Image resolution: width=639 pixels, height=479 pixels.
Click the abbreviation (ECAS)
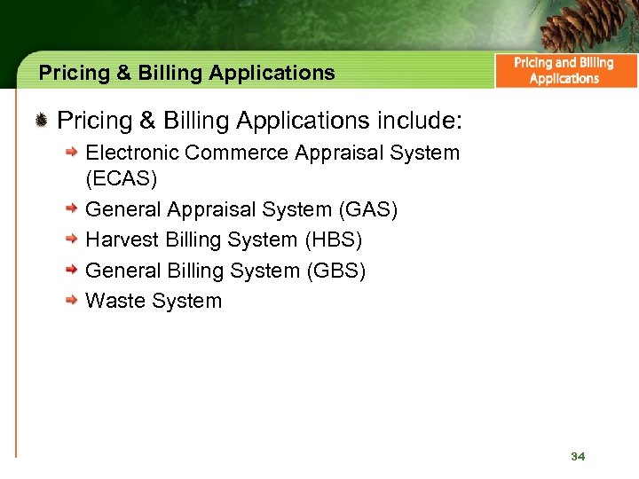pos(121,179)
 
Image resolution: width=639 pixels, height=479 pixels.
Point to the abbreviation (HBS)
pos(333,240)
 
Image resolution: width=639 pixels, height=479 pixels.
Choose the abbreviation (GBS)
pos(335,271)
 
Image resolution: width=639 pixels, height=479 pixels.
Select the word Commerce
pos(240,153)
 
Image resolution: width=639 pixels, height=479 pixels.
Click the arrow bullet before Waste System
pos(74,301)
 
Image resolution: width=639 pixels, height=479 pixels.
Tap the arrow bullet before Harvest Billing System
pos(74,239)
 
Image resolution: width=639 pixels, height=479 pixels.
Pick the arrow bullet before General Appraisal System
pos(74,209)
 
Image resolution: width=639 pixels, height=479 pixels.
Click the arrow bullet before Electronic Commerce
pos(74,153)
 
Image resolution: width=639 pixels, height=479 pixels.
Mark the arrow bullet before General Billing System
pos(74,270)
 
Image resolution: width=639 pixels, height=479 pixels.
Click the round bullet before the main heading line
pos(42,119)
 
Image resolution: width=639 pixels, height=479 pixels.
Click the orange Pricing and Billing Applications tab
pos(564,71)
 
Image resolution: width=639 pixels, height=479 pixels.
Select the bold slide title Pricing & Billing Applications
pos(186,73)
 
